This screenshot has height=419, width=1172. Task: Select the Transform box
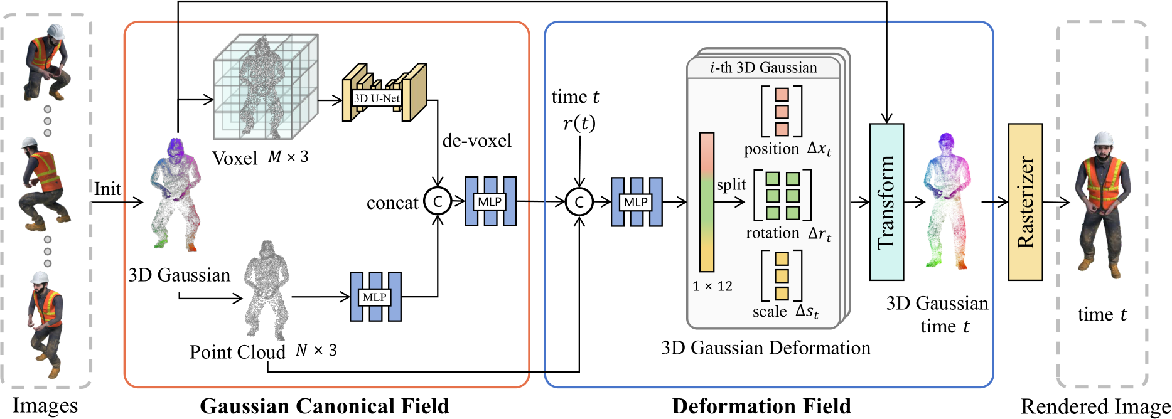click(x=886, y=202)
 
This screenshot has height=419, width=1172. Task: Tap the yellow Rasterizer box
click(x=1025, y=202)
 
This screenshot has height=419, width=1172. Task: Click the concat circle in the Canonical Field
click(x=438, y=201)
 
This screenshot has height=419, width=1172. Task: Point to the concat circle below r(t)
click(x=579, y=201)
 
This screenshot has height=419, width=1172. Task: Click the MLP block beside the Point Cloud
click(x=375, y=297)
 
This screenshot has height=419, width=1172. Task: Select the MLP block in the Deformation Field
click(x=636, y=201)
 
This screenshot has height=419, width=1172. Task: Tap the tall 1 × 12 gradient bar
click(x=707, y=201)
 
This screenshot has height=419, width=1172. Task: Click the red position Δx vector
click(x=782, y=112)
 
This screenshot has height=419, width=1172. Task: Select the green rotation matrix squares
click(x=782, y=196)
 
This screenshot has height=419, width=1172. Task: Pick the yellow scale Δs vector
click(x=782, y=275)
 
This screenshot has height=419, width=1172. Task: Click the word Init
click(x=107, y=189)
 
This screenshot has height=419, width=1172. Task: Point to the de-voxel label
click(x=476, y=141)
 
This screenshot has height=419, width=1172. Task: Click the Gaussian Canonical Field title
click(x=325, y=406)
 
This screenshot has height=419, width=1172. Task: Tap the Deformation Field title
click(x=761, y=406)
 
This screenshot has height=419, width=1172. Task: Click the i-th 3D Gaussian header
click(x=763, y=68)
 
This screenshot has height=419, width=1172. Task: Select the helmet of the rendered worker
click(x=1103, y=141)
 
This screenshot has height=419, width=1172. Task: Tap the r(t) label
click(x=578, y=124)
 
